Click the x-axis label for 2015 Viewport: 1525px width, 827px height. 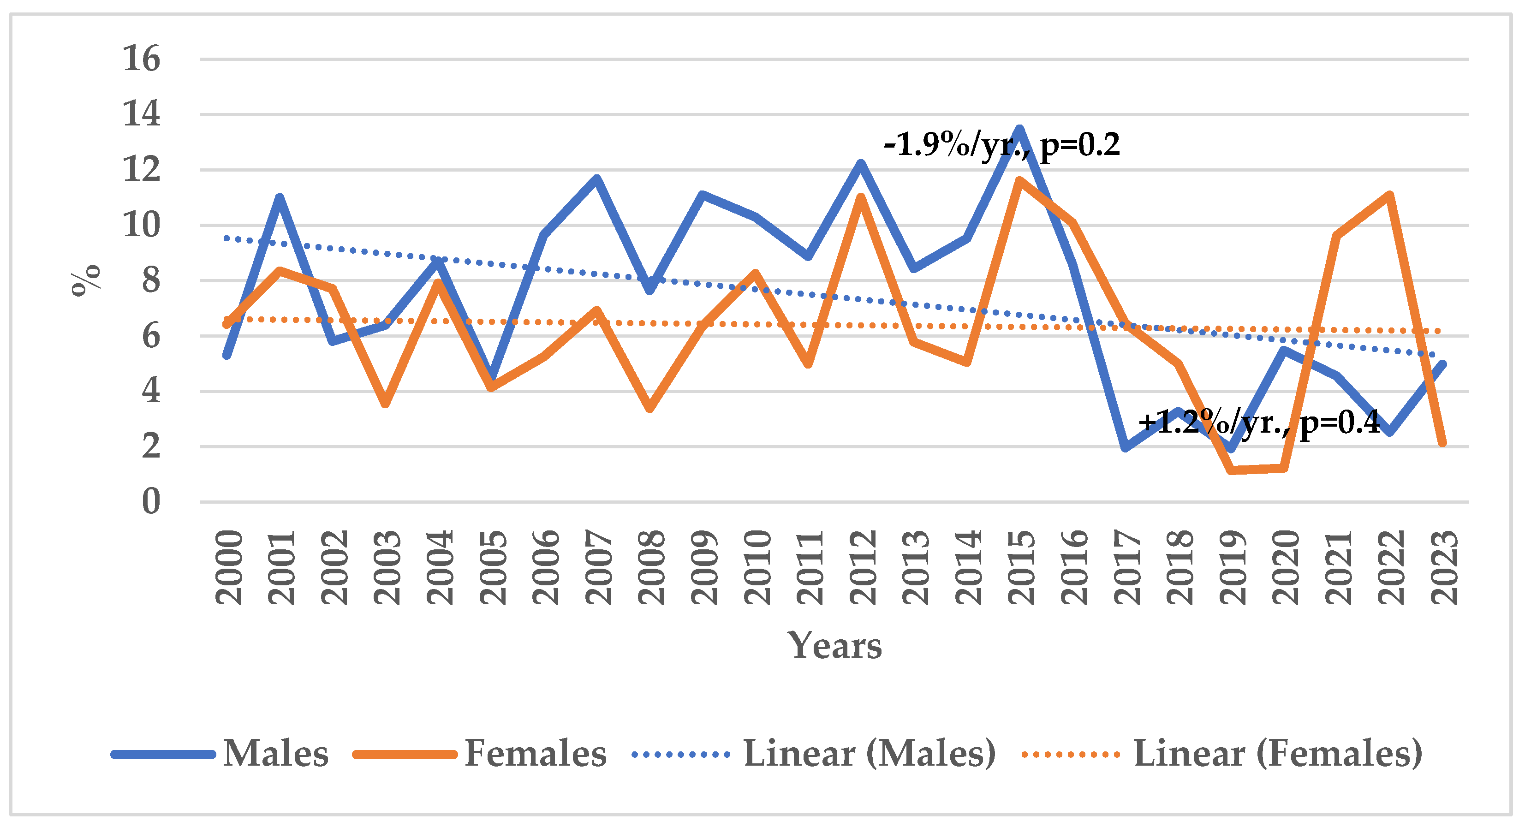pos(1021,567)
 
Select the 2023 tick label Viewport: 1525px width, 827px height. pos(1444,567)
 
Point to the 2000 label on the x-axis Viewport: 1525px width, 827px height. pos(228,567)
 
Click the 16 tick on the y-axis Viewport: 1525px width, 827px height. pos(142,59)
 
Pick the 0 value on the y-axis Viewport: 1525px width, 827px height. pos(151,501)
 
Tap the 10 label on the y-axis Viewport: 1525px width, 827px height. pos(142,225)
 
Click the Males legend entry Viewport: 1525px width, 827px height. pos(220,754)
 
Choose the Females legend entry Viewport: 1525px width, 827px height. pos(480,754)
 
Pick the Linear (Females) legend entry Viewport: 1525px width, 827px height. pos(1222,754)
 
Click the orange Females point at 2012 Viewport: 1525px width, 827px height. pos(861,196)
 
